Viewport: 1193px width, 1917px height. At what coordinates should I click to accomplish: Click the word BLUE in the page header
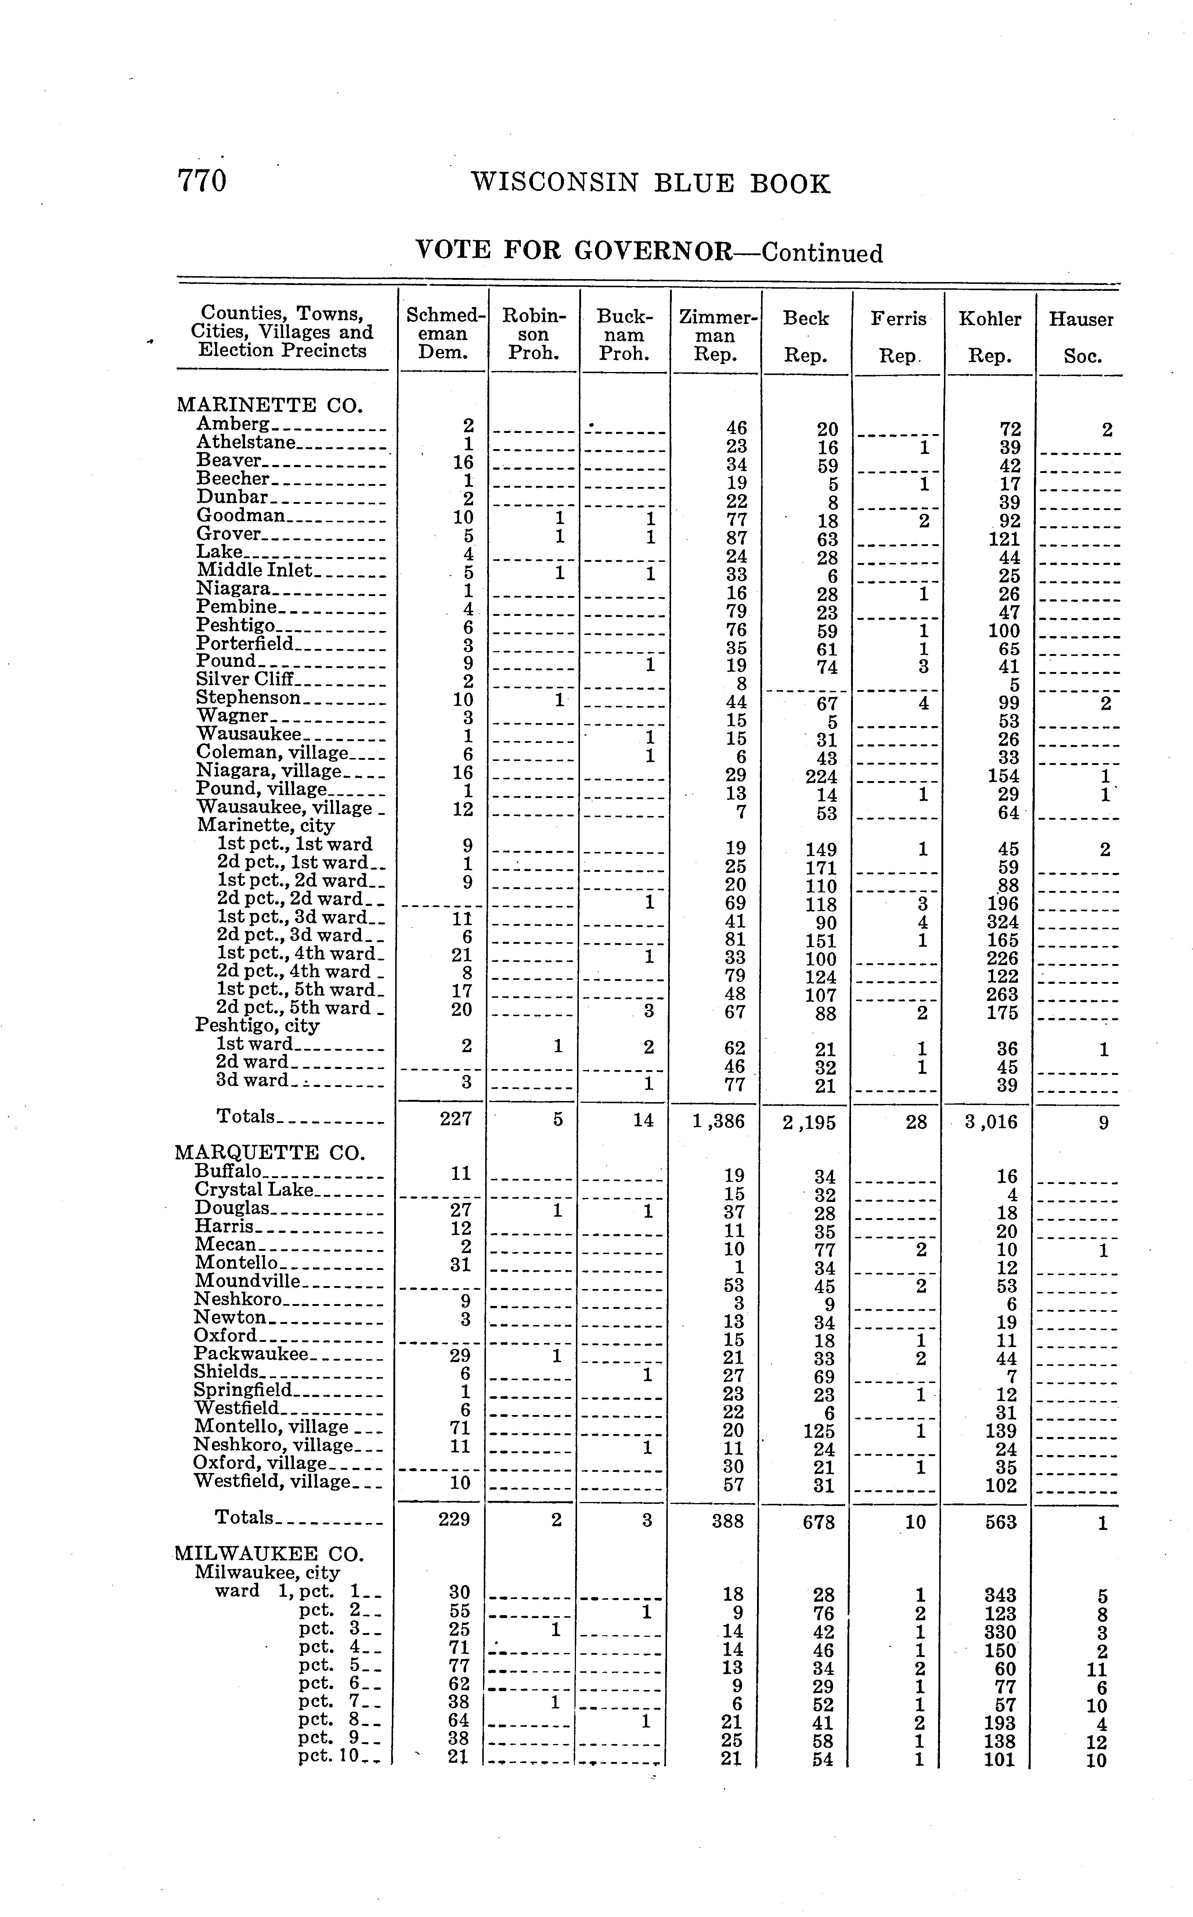pos(694,184)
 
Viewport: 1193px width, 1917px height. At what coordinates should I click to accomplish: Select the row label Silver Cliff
pos(245,679)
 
